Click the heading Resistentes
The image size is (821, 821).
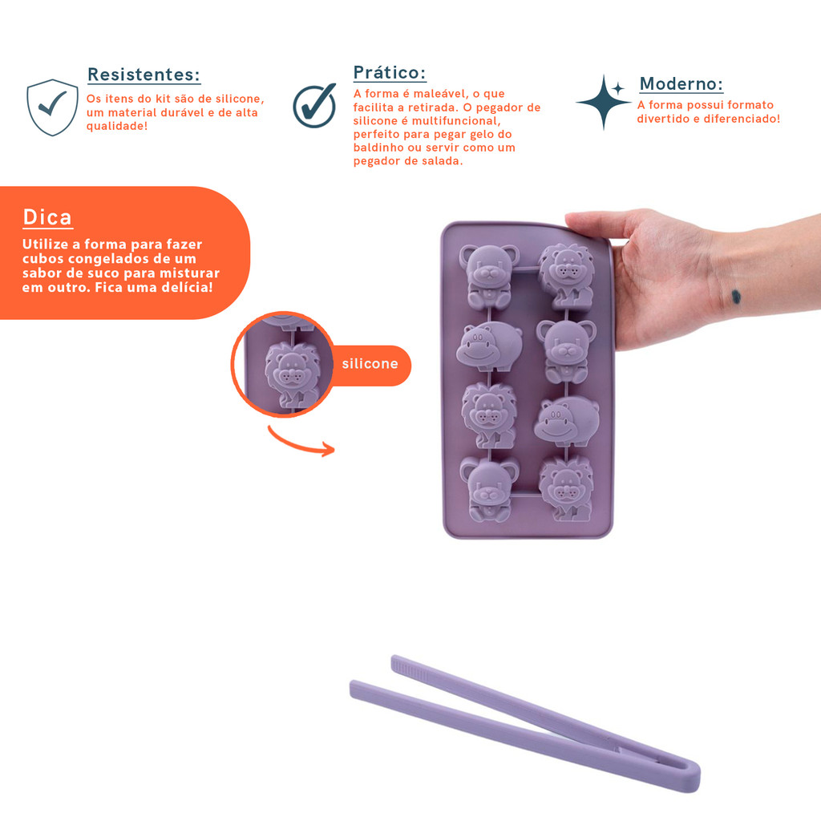point(144,75)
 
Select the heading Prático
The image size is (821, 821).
point(390,72)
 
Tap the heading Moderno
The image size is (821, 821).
point(681,83)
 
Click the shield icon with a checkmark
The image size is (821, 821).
point(52,107)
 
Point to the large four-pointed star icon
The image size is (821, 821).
point(603,103)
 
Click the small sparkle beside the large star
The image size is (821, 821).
point(618,88)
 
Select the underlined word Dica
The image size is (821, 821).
point(47,217)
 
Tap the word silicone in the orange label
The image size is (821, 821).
point(370,363)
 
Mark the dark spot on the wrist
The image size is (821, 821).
point(736,297)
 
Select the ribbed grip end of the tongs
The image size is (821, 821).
point(410,669)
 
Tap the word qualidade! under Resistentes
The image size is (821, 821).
point(117,126)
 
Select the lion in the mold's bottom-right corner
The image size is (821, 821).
point(567,488)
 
